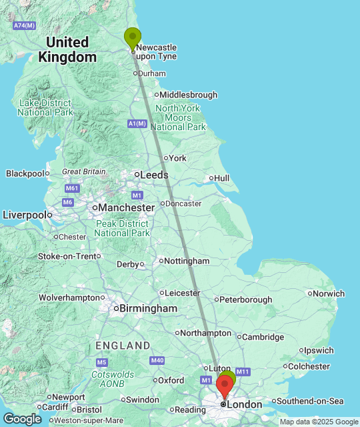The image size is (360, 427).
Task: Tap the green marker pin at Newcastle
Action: click(x=133, y=38)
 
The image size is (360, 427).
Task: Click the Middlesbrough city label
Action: click(x=188, y=95)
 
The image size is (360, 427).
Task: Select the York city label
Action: click(x=177, y=158)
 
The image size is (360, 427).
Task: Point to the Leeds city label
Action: click(x=153, y=175)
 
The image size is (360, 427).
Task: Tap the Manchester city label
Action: click(x=126, y=207)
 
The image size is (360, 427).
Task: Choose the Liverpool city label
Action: click(x=25, y=215)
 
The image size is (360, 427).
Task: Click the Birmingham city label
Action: click(x=147, y=308)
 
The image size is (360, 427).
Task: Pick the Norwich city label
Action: click(x=330, y=294)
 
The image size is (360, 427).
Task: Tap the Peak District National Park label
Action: click(x=122, y=228)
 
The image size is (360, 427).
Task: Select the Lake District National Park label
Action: click(x=45, y=107)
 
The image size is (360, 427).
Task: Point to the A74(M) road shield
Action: click(x=24, y=25)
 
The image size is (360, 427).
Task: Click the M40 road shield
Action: click(x=157, y=361)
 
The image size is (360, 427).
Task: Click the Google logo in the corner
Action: click(x=21, y=418)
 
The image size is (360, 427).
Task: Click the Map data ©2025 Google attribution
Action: click(x=319, y=422)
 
